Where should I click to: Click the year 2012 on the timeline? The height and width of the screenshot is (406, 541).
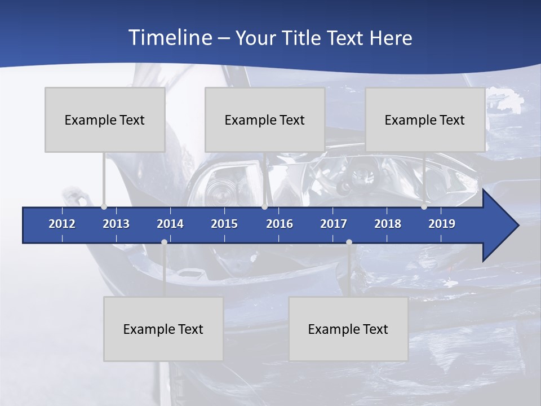(x=62, y=224)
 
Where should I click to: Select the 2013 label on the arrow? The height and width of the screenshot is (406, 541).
(x=116, y=224)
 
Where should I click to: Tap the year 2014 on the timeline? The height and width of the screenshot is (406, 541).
(x=170, y=224)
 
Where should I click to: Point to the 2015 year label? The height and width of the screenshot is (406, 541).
(x=224, y=224)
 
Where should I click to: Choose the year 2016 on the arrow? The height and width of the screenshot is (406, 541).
(x=280, y=224)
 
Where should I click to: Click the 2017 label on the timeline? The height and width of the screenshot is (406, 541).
(x=334, y=224)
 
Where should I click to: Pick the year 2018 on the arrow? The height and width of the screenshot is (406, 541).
(x=388, y=224)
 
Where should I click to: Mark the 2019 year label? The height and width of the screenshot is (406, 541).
(x=442, y=224)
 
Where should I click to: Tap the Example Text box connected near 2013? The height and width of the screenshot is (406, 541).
(x=105, y=120)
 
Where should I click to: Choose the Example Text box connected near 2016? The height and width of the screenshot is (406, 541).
(x=265, y=120)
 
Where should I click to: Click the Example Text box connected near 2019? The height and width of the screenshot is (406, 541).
(x=425, y=120)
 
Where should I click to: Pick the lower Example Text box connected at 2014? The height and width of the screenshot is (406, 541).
(x=163, y=329)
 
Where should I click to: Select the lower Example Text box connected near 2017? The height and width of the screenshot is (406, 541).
(x=348, y=329)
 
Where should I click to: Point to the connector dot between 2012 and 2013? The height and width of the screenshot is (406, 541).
(x=104, y=207)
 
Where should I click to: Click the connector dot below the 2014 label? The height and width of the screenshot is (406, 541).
(x=164, y=242)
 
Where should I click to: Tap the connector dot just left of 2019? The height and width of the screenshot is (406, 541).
(x=424, y=207)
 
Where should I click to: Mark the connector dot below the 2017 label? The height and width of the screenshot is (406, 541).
(x=349, y=242)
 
